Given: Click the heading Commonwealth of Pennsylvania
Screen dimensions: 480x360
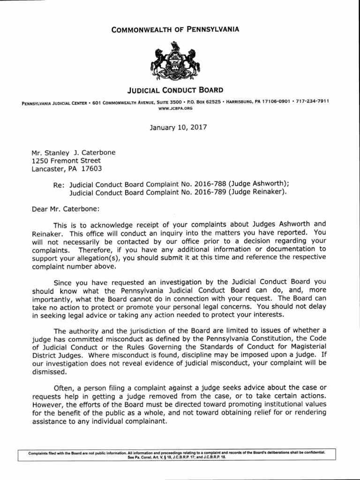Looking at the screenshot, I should (180, 30).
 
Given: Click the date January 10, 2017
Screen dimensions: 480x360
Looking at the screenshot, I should (180, 127).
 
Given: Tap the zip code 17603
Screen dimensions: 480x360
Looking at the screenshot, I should (92, 169).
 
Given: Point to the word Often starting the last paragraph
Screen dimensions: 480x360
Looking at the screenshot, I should (64, 388).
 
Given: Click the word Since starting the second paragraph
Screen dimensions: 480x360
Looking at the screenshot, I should (63, 282).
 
